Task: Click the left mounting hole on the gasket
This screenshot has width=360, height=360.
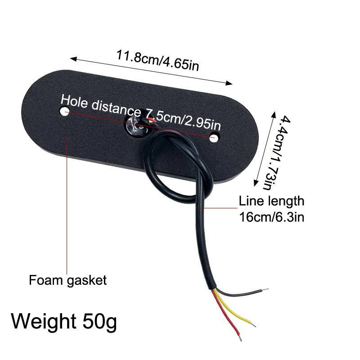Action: point(64,111)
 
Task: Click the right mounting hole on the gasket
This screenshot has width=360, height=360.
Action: point(215,138)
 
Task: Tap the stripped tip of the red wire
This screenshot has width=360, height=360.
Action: point(240,338)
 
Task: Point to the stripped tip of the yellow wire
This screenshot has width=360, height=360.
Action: point(253,324)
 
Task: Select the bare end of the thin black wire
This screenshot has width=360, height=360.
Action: point(265,289)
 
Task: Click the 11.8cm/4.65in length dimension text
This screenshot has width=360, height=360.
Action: point(157,60)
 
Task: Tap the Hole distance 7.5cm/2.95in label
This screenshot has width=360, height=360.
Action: point(140,112)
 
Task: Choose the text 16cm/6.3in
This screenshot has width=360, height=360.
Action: point(272,217)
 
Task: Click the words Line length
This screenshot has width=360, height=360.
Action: point(272,201)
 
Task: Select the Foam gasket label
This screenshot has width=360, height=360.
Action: point(68,280)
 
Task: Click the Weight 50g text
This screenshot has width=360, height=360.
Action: point(64,321)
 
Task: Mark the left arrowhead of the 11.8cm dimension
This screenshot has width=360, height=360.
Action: point(73,59)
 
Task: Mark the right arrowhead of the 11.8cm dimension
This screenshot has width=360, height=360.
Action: point(229,83)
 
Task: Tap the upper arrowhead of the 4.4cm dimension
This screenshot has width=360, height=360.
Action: point(274,115)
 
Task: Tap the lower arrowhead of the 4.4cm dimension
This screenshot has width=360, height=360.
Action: point(256,183)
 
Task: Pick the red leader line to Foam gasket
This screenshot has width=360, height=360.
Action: point(67,206)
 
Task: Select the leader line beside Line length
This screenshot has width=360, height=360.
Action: point(218,208)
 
